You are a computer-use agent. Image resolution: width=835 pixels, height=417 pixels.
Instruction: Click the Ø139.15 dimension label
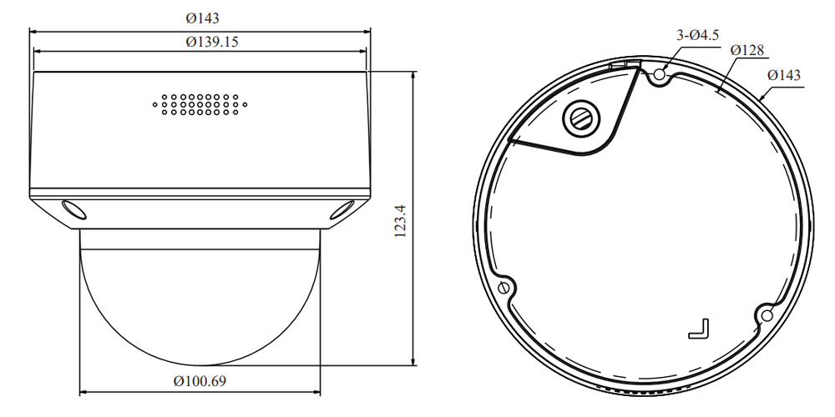[212, 42]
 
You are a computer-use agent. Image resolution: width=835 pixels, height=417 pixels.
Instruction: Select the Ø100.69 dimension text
[200, 381]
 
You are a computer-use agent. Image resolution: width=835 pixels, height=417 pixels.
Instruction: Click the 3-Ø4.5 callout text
[697, 36]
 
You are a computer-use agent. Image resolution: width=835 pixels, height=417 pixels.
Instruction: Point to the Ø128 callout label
[747, 51]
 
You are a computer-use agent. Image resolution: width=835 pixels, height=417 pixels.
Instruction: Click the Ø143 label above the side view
[202, 18]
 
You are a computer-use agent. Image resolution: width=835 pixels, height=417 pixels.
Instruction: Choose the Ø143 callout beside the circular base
[784, 76]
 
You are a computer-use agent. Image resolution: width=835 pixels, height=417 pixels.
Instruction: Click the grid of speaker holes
[200, 105]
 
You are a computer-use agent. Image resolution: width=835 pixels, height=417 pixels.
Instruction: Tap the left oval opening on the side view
[74, 209]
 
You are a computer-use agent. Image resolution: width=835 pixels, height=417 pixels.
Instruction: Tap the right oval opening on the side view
[342, 209]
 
